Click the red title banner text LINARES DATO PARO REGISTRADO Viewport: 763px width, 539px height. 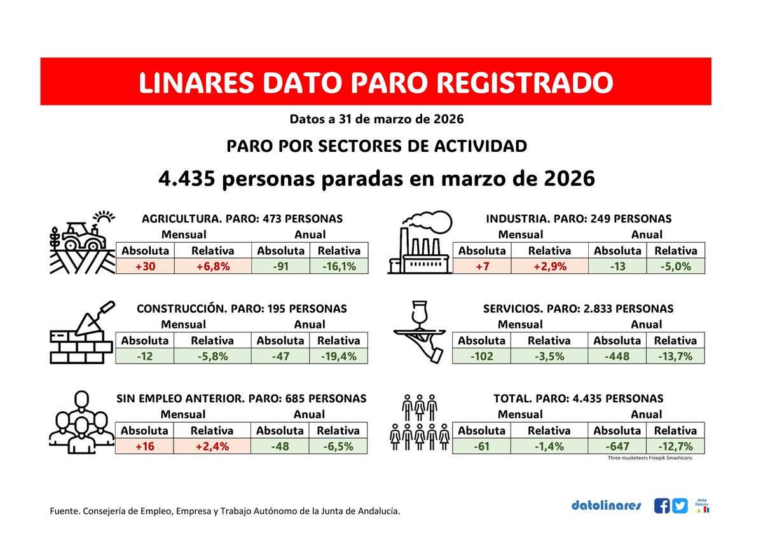(x=375, y=82)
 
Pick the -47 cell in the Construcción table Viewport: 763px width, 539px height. (x=280, y=357)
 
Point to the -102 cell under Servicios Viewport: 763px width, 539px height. (x=481, y=357)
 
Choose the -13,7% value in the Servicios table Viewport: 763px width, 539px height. (x=675, y=357)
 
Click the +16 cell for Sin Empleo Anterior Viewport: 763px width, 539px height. (x=145, y=446)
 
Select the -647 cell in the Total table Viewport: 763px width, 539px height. (x=617, y=446)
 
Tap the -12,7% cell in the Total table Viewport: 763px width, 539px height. (x=675, y=446)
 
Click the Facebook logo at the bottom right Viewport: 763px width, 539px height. (x=662, y=506)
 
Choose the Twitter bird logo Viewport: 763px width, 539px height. (x=680, y=506)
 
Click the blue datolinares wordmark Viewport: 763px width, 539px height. (x=606, y=506)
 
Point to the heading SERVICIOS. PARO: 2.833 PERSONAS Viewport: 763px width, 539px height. (x=578, y=308)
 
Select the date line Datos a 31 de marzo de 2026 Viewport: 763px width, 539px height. (x=376, y=119)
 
